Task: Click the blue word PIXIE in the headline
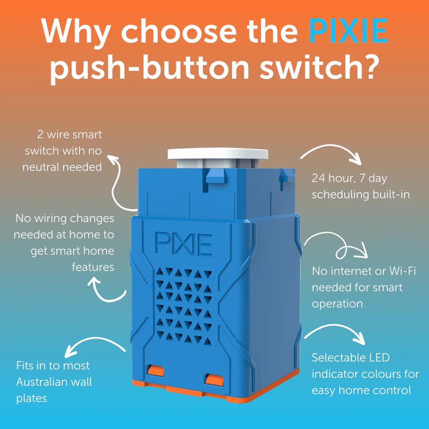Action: [x=349, y=31]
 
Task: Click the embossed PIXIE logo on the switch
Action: [x=184, y=244]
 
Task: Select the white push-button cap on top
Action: [x=218, y=154]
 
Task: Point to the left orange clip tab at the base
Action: [x=156, y=370]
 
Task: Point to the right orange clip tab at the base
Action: [x=214, y=380]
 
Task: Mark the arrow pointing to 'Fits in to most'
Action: [x=95, y=339]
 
